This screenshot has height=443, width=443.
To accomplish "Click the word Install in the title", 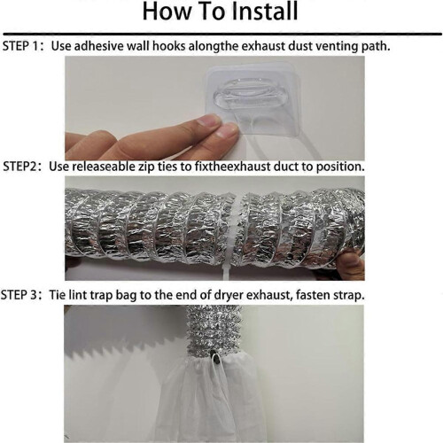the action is pyautogui.click(x=264, y=12).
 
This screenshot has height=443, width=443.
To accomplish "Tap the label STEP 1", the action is pyautogui.click(x=20, y=46).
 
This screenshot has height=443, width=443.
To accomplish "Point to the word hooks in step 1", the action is pyautogui.click(x=169, y=46).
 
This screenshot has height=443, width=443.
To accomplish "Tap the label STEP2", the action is pyautogui.click(x=20, y=167).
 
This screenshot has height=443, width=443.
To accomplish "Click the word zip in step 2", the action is pyautogui.click(x=147, y=167).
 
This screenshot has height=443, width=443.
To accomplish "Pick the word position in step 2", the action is pyautogui.click(x=340, y=167).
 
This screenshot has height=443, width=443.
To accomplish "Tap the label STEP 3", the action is pyautogui.click(x=19, y=295).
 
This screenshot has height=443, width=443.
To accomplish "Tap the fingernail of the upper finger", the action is pyautogui.click(x=209, y=120).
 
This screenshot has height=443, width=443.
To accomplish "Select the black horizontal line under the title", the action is pyautogui.click(x=222, y=34).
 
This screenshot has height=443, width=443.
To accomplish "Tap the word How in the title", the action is pyautogui.click(x=167, y=12).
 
